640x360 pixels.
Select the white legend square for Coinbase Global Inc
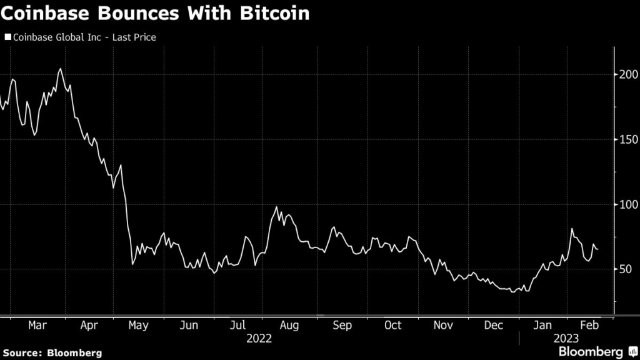pos(7,37)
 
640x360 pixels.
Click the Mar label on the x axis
pos(37,326)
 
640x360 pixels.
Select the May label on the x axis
pos(137,326)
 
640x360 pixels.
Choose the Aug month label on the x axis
pos(290,326)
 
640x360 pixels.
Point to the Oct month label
pos(392,326)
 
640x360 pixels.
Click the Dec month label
pos(494,326)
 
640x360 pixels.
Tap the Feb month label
pos(589,326)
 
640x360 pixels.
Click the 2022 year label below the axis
pos(259,338)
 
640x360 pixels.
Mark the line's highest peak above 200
pos(60,69)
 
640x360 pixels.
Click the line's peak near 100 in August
pos(277,207)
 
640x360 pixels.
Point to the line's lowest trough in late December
pos(512,292)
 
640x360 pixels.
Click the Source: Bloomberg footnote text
pos(51,353)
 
